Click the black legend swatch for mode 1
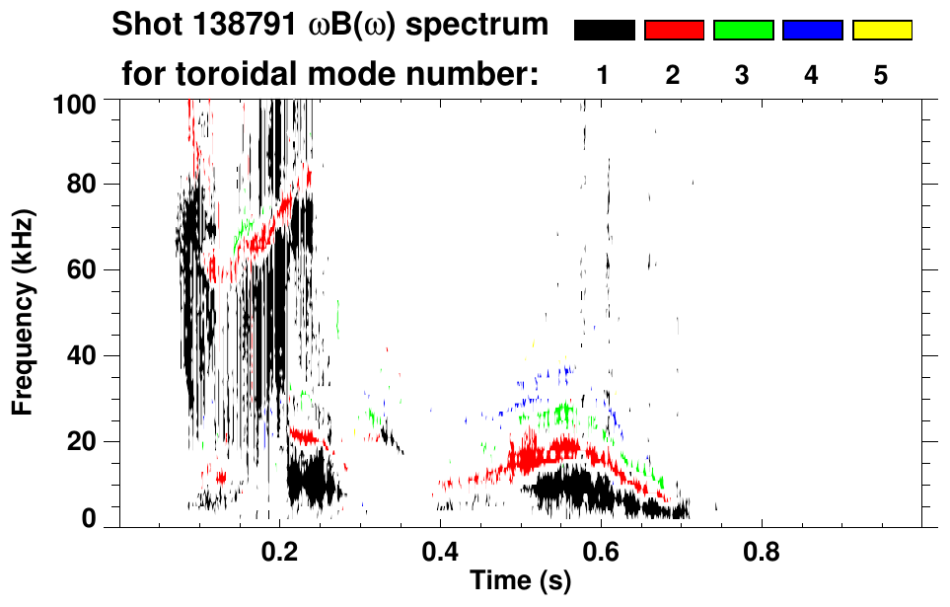[604, 31]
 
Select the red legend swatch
[674, 31]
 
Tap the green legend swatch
[743, 31]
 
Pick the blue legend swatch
[812, 31]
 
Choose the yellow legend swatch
[881, 31]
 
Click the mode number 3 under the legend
[742, 75]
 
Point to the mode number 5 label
[881, 75]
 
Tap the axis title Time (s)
[520, 580]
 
